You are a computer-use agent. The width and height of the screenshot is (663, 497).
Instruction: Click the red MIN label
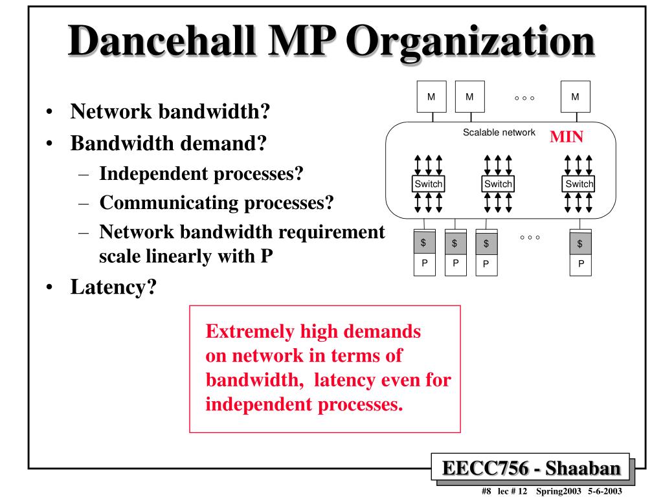point(567,137)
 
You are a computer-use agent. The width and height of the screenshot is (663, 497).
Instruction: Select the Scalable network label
point(499,133)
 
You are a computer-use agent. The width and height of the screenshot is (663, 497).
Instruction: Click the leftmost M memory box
point(431,97)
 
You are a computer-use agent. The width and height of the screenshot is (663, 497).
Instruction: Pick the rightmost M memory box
point(575,97)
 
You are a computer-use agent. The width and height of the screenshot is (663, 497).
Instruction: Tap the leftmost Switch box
point(428,184)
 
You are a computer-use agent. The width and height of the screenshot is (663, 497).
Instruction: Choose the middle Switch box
point(498,184)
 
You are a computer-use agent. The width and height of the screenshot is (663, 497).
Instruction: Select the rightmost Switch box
point(579,184)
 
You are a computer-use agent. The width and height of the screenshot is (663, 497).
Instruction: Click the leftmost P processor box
point(425,263)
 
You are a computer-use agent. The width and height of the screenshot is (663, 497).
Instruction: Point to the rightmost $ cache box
point(579,243)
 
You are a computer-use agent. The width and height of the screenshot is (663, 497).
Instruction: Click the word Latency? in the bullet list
point(114,285)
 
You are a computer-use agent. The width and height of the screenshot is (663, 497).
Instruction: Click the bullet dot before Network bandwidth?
point(50,113)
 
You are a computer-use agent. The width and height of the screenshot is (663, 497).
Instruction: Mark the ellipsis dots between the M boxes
point(524,98)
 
